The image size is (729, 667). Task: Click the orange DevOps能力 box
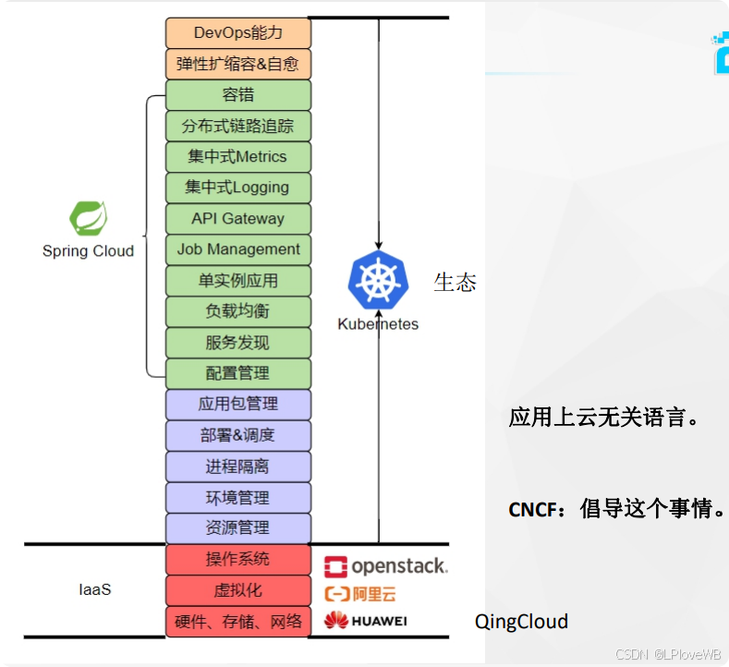[x=238, y=33]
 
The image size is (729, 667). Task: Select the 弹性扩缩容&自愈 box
[x=238, y=65]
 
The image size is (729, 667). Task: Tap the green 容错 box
[x=238, y=95]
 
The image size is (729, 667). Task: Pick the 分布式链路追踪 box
[x=238, y=126]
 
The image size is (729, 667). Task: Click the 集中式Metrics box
[x=238, y=157]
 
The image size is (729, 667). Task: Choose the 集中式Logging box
[x=238, y=188]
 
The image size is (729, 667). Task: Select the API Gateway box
[x=238, y=219]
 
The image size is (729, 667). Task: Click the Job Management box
[x=238, y=249]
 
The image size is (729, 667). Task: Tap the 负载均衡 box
[x=238, y=311]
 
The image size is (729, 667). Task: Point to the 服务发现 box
[x=238, y=343]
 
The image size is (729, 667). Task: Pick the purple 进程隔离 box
[x=238, y=467]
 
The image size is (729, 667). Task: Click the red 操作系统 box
[x=238, y=559]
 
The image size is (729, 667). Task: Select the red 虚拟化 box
[x=238, y=589]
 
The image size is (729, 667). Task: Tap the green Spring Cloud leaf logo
[x=88, y=219]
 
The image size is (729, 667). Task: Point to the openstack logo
[x=385, y=565]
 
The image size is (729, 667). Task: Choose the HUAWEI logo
[x=366, y=621]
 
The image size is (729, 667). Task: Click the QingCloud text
[x=521, y=621]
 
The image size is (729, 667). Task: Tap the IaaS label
[x=94, y=588]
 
